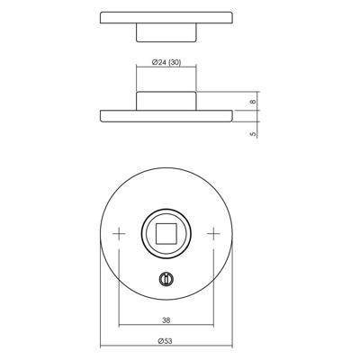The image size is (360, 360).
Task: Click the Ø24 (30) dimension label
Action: click(166, 62)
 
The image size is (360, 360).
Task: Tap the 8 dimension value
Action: click(254, 102)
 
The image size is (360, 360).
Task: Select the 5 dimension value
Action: click(254, 134)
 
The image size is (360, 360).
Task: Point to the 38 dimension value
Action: click(166, 320)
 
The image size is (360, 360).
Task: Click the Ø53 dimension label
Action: click(166, 341)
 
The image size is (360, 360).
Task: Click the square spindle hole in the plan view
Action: click(166, 233)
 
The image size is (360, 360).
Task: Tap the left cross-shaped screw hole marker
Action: click(119, 233)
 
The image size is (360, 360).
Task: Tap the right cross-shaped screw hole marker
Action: click(213, 233)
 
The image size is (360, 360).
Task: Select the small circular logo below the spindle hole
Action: click(166, 279)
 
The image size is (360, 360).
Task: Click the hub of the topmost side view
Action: click(166, 32)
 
